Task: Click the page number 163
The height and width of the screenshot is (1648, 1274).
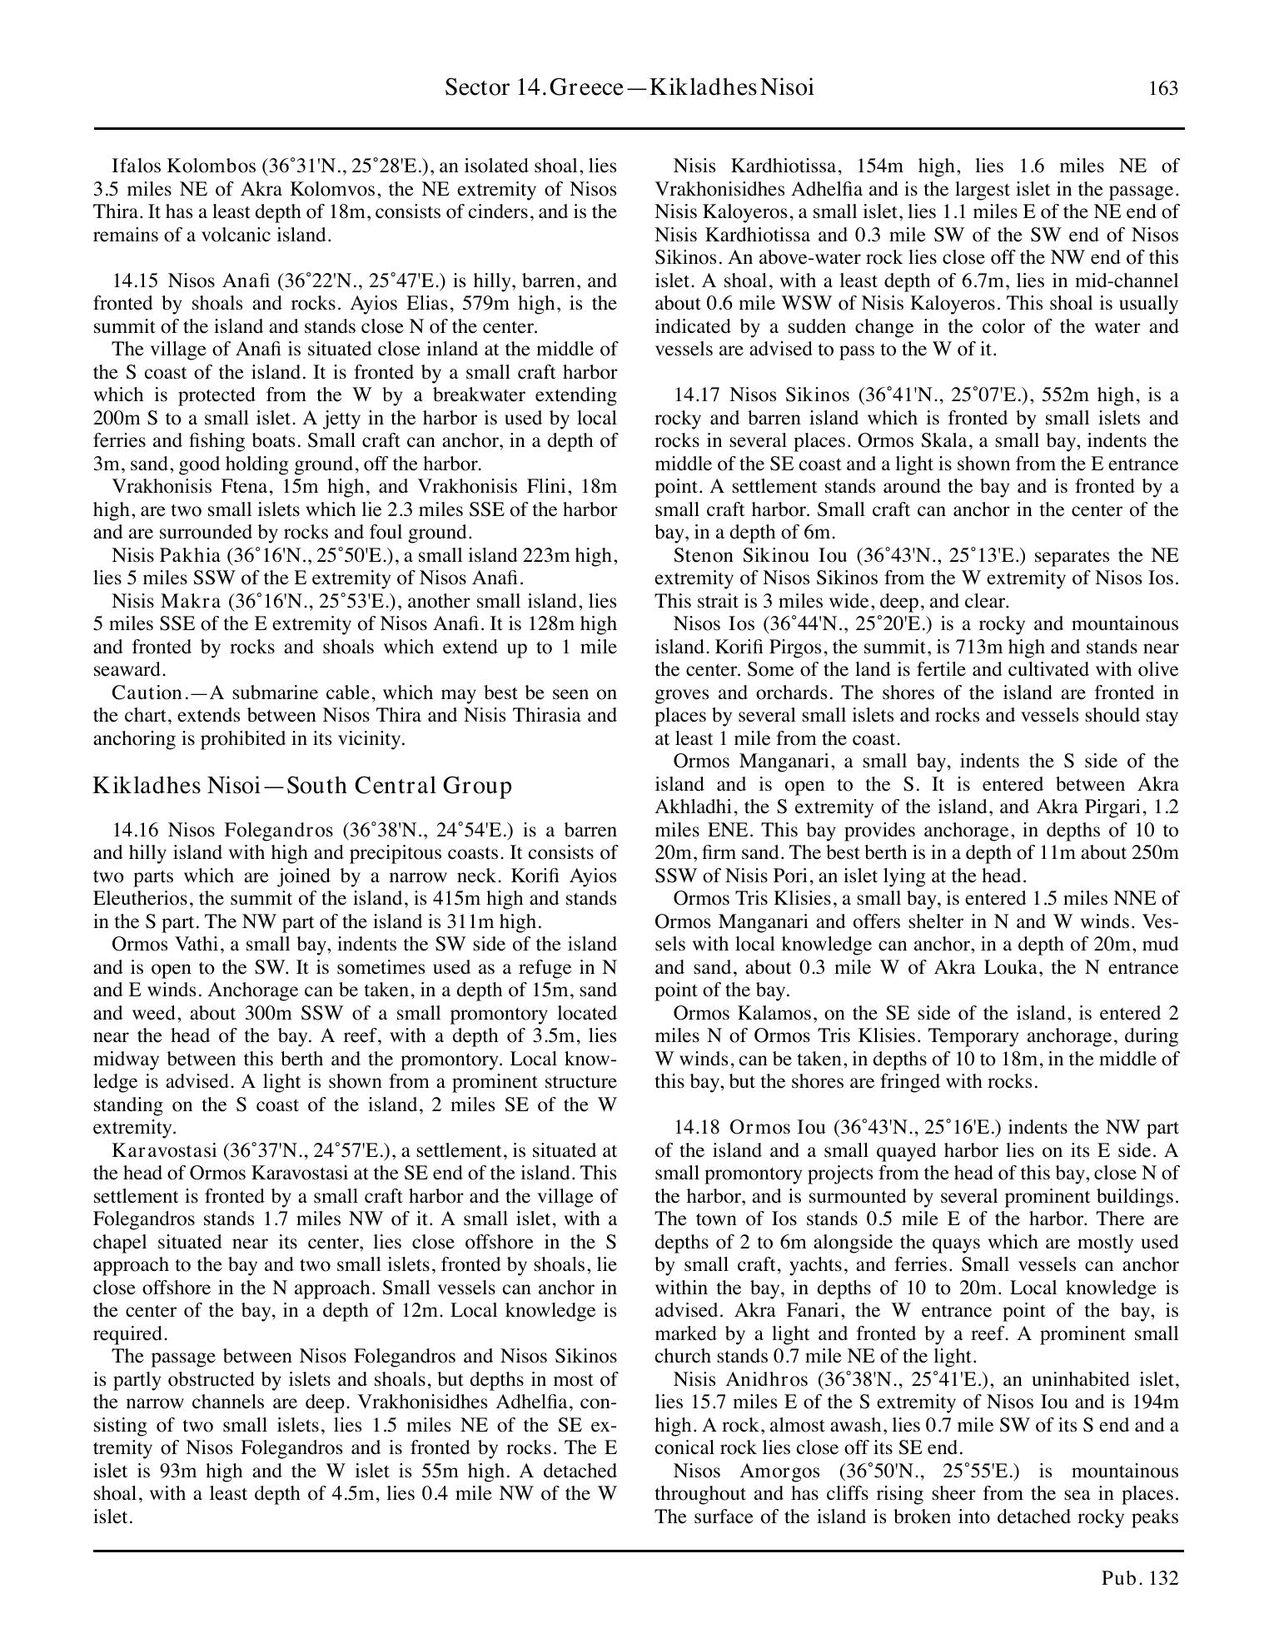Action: [x=1163, y=88]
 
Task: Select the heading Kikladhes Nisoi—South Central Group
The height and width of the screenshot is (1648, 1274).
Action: [x=302, y=786]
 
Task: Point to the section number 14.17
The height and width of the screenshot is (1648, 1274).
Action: [x=697, y=395]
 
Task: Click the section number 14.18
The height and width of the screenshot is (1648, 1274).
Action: [x=697, y=1128]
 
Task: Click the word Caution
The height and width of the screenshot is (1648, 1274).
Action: [x=147, y=692]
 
